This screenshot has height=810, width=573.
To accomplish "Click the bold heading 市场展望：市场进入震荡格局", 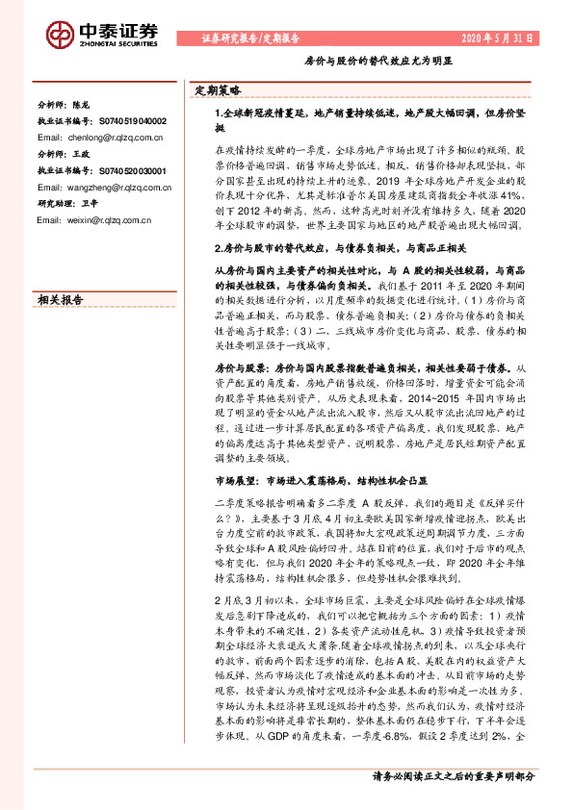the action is [322, 481].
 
